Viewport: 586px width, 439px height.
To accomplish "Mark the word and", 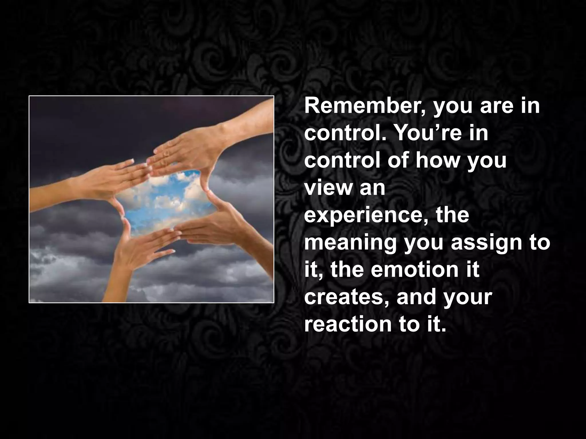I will click(415, 297).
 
